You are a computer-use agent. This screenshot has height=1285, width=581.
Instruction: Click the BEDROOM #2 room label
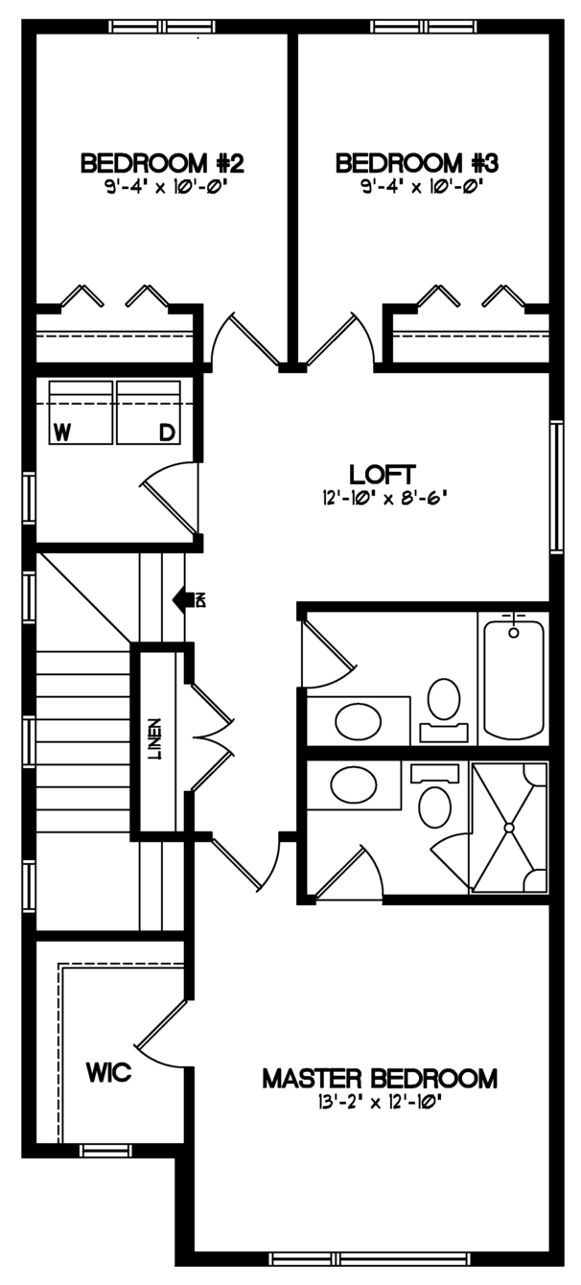(162, 163)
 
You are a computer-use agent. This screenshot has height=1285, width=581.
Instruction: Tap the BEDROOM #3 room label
(417, 163)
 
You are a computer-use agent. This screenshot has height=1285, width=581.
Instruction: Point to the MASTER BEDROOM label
(380, 1079)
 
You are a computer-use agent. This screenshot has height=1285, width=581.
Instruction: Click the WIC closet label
(109, 1071)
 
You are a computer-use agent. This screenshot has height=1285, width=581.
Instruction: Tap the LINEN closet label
(154, 738)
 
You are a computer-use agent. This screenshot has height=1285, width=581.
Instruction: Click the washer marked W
(81, 412)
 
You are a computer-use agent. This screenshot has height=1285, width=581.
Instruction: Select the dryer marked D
(149, 412)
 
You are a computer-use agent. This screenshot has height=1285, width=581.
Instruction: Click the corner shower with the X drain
(509, 828)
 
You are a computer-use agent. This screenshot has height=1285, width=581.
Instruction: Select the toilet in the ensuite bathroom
(434, 796)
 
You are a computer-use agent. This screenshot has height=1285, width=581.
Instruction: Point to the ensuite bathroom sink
(354, 785)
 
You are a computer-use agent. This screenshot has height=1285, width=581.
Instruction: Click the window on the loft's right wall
(556, 486)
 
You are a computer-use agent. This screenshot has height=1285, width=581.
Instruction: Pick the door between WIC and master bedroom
(162, 1030)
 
